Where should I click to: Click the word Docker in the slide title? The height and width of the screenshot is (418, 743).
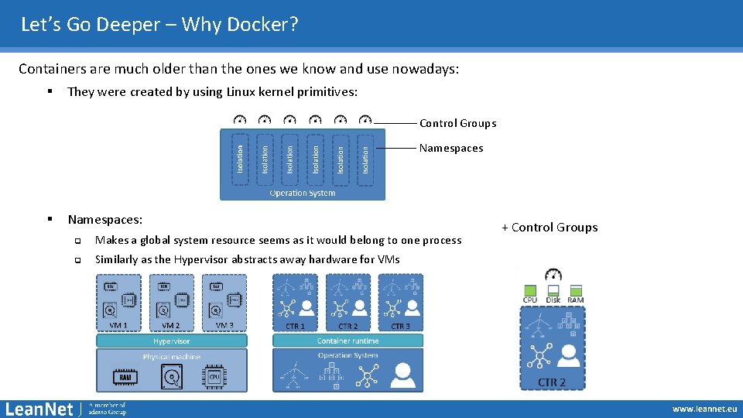[262, 25]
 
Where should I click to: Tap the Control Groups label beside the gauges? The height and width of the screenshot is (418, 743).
[457, 123]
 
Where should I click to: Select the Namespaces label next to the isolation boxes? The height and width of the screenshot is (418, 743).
[451, 148]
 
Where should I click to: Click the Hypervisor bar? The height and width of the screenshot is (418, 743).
[172, 341]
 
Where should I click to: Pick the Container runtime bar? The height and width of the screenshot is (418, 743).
[348, 341]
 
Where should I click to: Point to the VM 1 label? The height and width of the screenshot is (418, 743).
[118, 326]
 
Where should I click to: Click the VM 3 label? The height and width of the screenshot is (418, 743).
[224, 326]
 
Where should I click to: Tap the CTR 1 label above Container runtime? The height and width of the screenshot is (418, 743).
[295, 326]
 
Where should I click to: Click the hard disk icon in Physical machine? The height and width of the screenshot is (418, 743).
[172, 376]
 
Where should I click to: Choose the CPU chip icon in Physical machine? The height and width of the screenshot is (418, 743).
[216, 376]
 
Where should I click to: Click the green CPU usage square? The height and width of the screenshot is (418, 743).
[530, 291]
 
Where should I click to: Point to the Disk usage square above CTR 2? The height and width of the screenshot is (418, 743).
[553, 291]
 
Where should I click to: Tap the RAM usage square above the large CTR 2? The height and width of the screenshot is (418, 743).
[576, 291]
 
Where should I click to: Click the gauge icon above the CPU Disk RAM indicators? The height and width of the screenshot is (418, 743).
[553, 274]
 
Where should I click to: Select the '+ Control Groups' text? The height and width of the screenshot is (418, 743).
[550, 227]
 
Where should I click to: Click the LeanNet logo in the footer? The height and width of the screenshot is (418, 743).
[39, 408]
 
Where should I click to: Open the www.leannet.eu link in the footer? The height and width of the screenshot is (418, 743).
[704, 409]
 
